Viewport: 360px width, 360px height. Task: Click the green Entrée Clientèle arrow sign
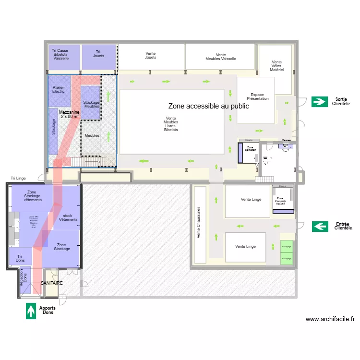coord(320,226)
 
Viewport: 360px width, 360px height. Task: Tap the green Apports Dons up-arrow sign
coord(31,311)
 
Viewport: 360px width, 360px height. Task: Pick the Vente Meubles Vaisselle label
coord(221,57)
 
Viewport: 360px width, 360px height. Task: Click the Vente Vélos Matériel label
coord(277,66)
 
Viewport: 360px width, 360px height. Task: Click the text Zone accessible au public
coord(208,106)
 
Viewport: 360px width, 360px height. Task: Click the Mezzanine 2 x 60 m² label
coord(69,114)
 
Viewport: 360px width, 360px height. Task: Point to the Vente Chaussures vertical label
coord(199,223)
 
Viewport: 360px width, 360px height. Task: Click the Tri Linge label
coord(18,178)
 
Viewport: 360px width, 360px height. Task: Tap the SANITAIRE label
coord(51,283)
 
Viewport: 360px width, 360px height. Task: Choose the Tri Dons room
coord(20,257)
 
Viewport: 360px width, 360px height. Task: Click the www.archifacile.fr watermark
coord(330,319)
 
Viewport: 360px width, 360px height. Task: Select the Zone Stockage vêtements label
coord(32,196)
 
